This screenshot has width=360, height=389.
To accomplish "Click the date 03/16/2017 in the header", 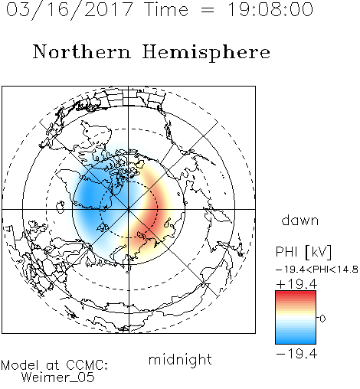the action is coord(70,10).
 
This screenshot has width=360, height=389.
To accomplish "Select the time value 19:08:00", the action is coord(270,9).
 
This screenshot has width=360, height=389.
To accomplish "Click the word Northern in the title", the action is coord(82,51).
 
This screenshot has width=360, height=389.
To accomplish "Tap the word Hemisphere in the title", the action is coord(206,53).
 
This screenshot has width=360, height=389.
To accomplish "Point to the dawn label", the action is coord(300,220).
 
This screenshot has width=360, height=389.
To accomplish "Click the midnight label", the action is coord(180,360).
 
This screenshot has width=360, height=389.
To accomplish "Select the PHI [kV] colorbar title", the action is coord(303,252).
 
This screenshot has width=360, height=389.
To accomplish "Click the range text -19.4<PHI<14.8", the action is coord(317,270).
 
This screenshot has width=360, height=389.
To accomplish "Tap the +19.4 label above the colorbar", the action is coord(296,284).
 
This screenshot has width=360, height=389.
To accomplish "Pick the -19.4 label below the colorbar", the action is coord(296,354).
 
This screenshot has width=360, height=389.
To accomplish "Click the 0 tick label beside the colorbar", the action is coord(322,319).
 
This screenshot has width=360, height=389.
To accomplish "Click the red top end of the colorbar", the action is coord(296,293).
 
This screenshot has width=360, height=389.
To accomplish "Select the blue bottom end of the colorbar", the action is coord(296,342).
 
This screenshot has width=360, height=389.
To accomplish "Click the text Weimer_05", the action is coord(58,377).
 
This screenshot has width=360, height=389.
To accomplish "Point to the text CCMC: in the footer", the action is coord(87,364).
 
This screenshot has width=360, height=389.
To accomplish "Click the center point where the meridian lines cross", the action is coord(129,209).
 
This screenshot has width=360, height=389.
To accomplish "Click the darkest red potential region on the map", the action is coord(152,213).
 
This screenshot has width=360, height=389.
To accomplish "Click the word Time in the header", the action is coord(166,9).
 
